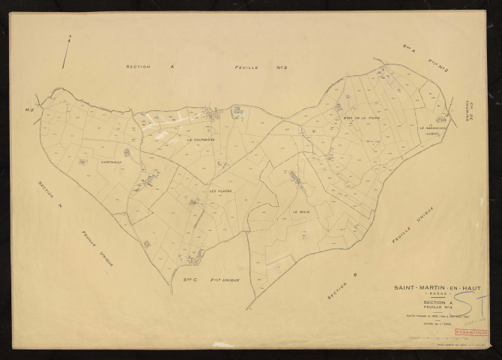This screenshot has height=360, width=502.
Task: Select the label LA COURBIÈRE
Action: click(201, 139)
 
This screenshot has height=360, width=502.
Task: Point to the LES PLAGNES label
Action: click(222, 190)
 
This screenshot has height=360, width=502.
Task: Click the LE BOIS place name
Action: click(300, 212)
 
